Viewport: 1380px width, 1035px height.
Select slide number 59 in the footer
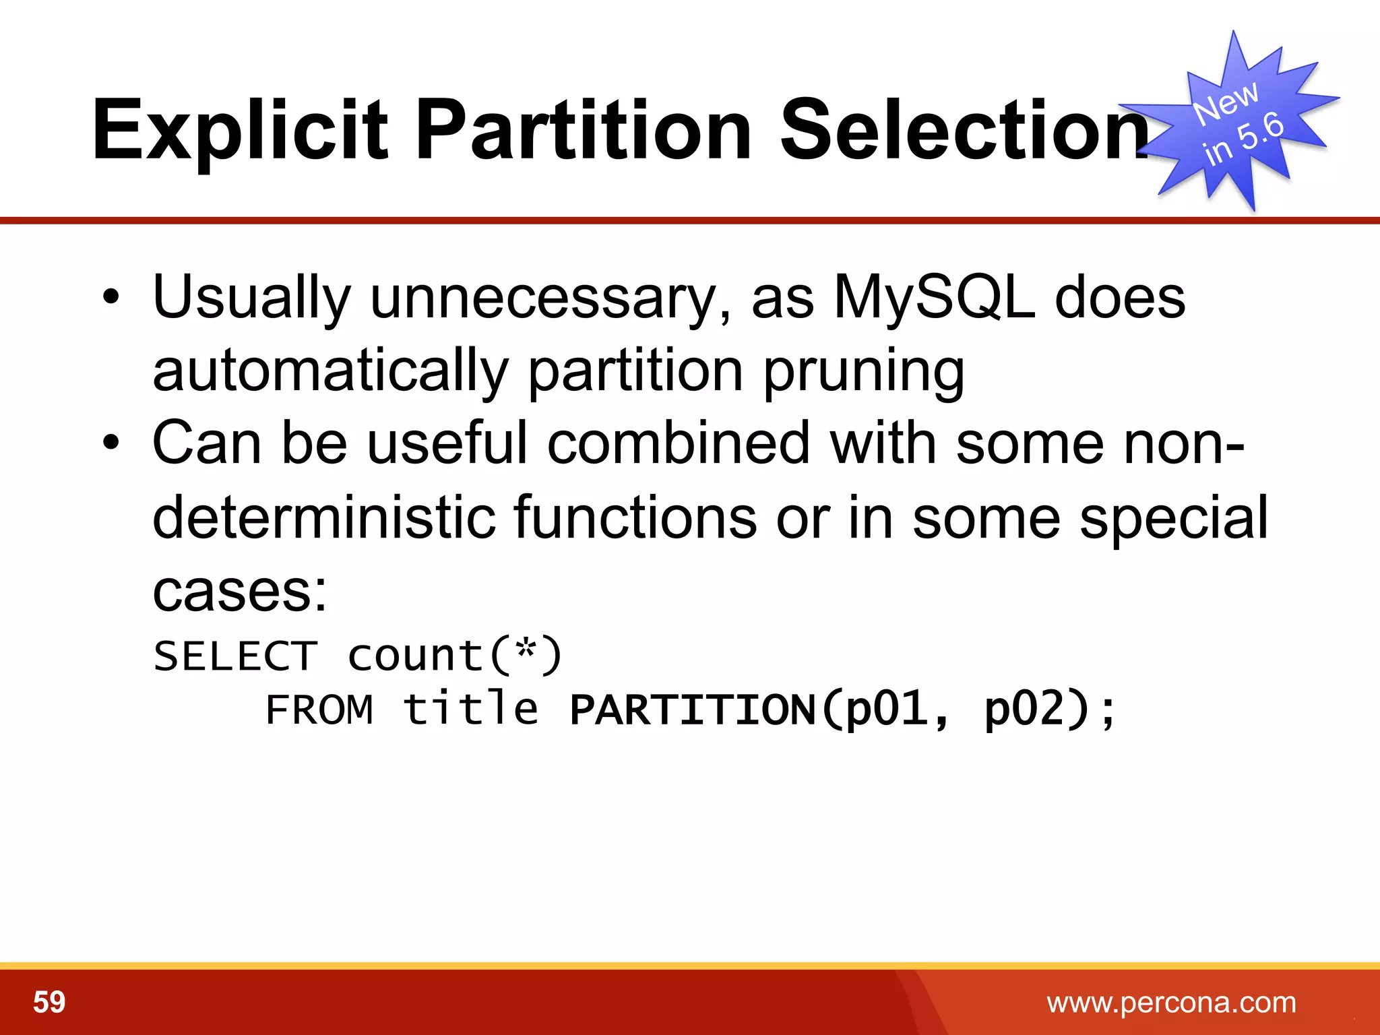click(49, 1002)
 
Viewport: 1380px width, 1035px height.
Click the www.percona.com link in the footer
click(1171, 1002)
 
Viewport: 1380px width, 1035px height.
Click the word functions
click(635, 517)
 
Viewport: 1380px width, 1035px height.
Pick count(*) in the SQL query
click(455, 656)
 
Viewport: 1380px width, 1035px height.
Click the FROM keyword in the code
click(319, 710)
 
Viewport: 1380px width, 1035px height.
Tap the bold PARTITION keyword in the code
click(693, 710)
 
